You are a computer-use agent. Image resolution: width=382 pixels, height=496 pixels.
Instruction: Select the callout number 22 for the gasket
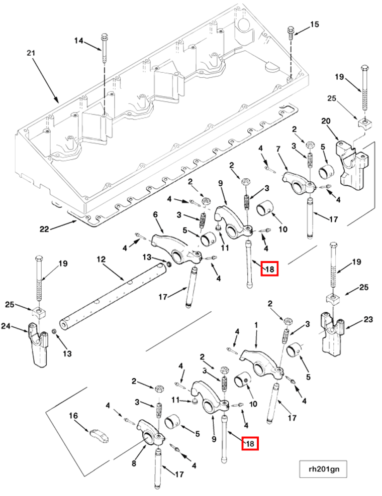(45, 229)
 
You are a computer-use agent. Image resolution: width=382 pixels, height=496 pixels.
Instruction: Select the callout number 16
(74, 416)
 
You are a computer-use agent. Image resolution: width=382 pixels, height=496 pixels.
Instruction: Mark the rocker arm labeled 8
(151, 431)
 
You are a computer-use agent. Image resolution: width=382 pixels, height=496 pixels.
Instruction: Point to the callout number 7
(277, 149)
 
